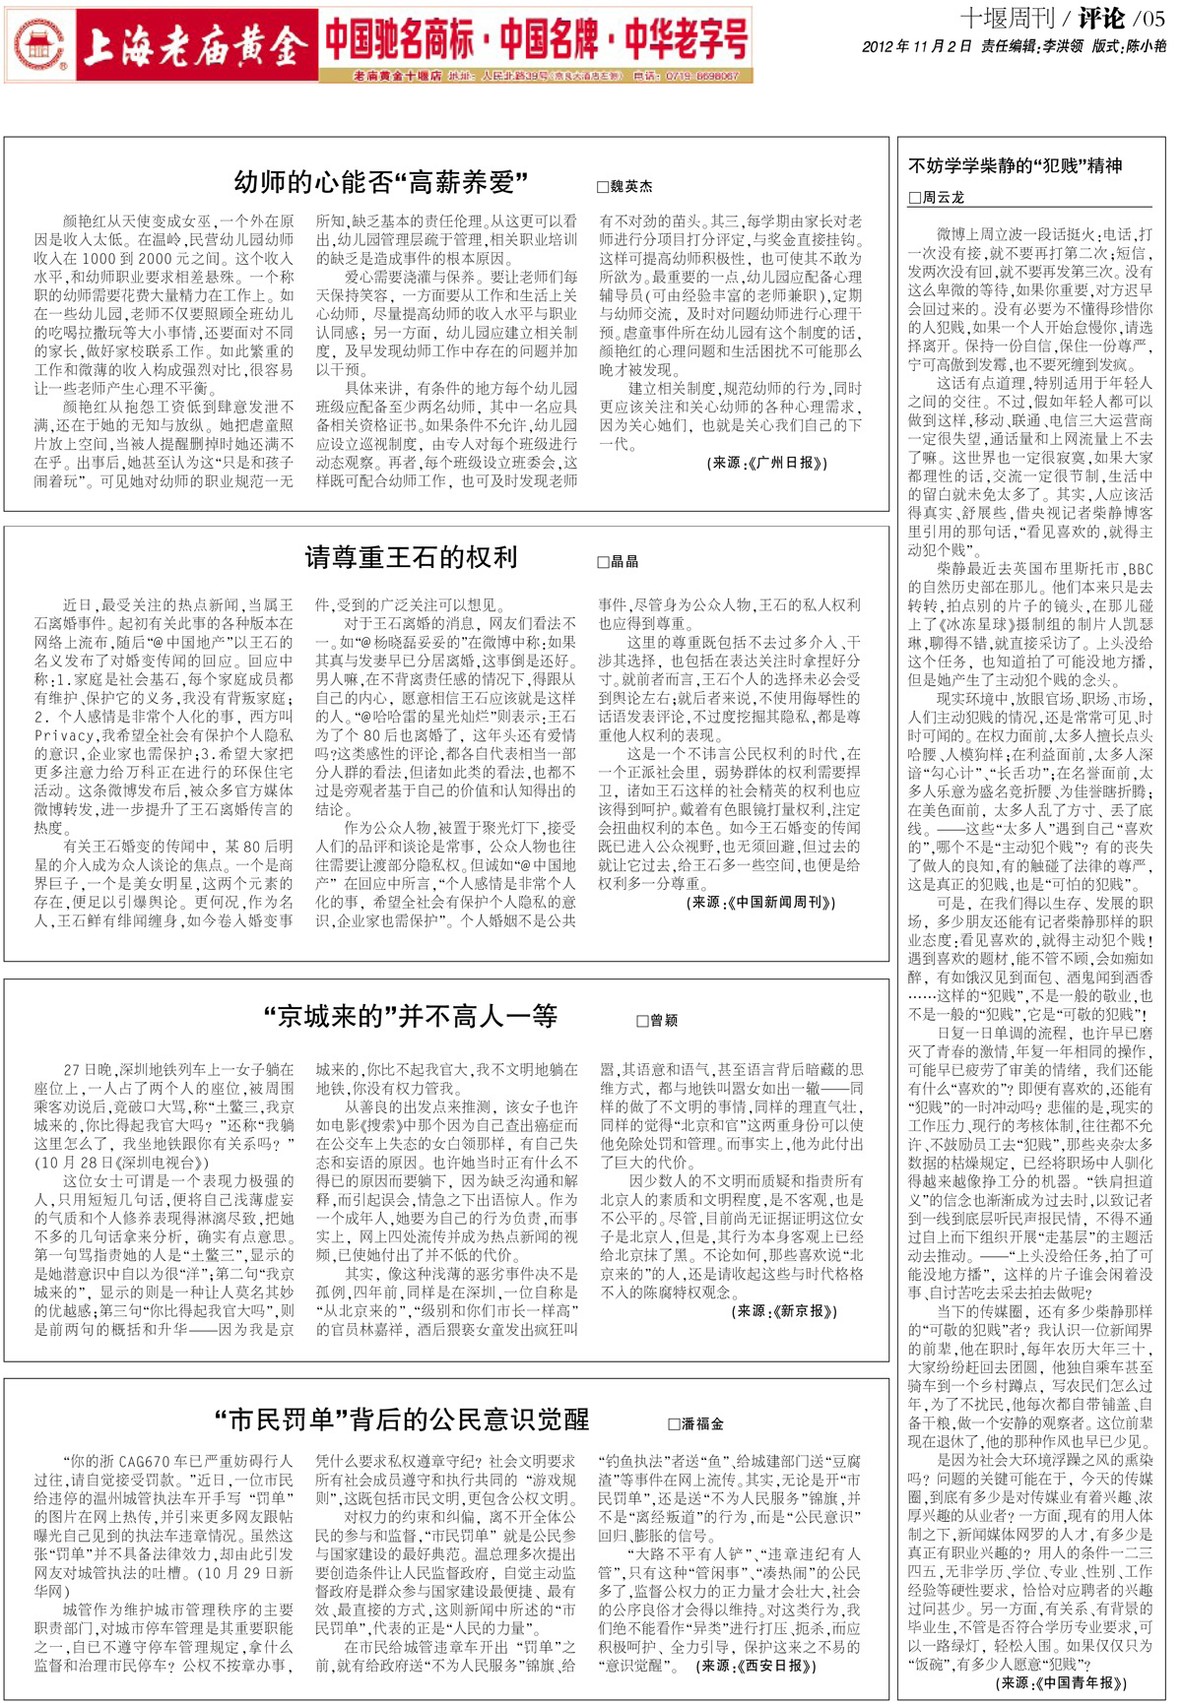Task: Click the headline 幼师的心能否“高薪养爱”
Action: click(380, 182)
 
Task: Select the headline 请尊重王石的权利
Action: click(411, 557)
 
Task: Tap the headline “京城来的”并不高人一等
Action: click(411, 1017)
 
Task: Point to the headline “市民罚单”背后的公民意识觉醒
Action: click(402, 1420)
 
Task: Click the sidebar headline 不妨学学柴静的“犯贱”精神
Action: click(1015, 165)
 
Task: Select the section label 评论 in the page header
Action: click(1100, 18)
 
